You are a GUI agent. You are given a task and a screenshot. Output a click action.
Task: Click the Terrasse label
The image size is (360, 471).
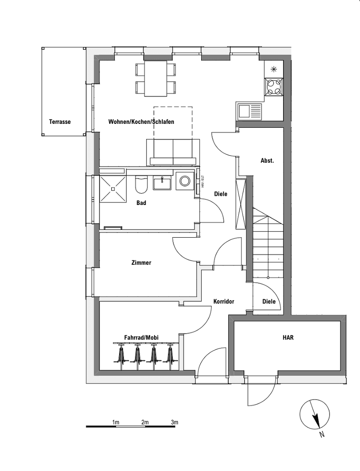click(60, 122)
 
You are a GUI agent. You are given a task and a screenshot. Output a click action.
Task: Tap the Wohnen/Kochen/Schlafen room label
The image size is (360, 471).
click(141, 122)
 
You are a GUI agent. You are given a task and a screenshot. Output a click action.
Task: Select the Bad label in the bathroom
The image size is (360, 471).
click(141, 203)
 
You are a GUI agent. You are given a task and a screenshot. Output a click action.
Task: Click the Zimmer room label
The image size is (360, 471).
click(141, 263)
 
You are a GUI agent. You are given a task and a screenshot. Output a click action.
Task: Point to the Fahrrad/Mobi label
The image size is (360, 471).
click(141, 338)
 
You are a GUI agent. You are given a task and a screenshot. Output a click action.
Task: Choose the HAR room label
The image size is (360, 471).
click(288, 337)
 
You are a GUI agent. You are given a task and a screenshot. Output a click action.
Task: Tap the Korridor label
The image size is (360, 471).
click(224, 301)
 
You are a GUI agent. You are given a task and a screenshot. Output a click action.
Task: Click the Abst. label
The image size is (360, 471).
click(267, 160)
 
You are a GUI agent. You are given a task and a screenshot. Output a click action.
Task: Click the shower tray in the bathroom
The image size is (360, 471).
click(113, 189)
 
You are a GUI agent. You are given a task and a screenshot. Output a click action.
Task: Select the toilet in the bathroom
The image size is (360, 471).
click(141, 185)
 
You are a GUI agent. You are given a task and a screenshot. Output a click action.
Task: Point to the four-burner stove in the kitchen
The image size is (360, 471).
click(274, 86)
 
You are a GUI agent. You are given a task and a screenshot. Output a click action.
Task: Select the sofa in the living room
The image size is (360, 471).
click(174, 152)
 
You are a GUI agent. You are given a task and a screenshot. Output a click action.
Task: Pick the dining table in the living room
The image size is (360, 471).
click(156, 78)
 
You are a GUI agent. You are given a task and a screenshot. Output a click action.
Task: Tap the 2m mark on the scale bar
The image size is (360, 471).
click(145, 422)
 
